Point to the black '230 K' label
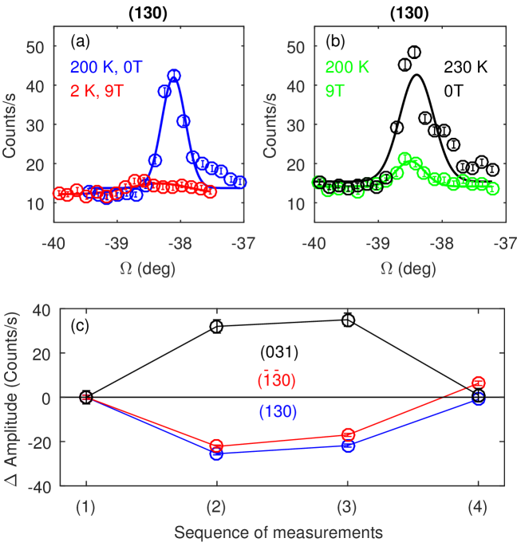point(445,69)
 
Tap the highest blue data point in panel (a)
point(174,76)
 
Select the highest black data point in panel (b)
point(414,53)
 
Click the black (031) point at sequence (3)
point(347,320)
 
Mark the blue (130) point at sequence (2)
point(216,453)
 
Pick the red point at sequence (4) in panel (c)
point(478,383)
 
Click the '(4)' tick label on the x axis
point(478,507)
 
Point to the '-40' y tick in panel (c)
point(59,485)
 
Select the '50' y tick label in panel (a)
point(34,47)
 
